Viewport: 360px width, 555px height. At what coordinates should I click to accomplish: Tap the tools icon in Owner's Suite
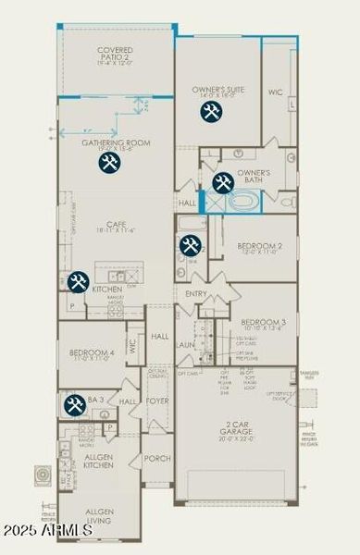coord(210,112)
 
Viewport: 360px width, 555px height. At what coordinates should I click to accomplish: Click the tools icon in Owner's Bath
coord(222,183)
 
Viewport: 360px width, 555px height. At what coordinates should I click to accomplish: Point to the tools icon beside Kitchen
coord(77,281)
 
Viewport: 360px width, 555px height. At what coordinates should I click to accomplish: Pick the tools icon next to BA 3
coord(75,404)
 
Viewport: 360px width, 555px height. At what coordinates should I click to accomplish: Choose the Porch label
coord(157,458)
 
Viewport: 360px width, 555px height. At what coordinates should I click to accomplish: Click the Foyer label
coord(156,401)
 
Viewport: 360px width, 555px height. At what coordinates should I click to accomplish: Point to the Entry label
coord(196,294)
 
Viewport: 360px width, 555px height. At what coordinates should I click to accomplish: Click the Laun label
coord(186,344)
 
